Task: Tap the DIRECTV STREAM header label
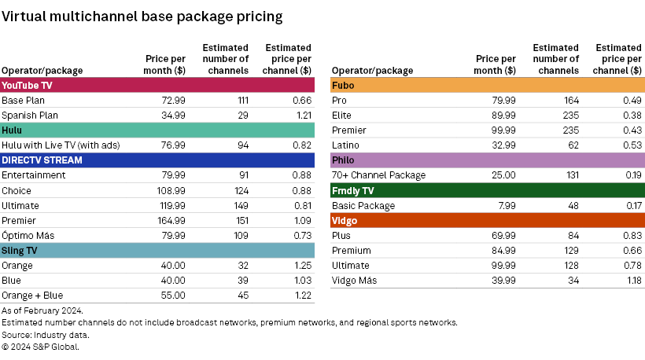pos(42,160)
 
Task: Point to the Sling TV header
pos(20,251)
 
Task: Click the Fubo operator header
pos(343,85)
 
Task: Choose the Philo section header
pos(344,160)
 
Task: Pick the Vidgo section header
pos(345,221)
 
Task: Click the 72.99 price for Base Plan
pos(172,101)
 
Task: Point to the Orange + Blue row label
pos(34,296)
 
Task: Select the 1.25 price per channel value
pos(301,266)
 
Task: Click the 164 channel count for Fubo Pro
pos(570,101)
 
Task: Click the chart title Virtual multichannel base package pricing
pos(142,16)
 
